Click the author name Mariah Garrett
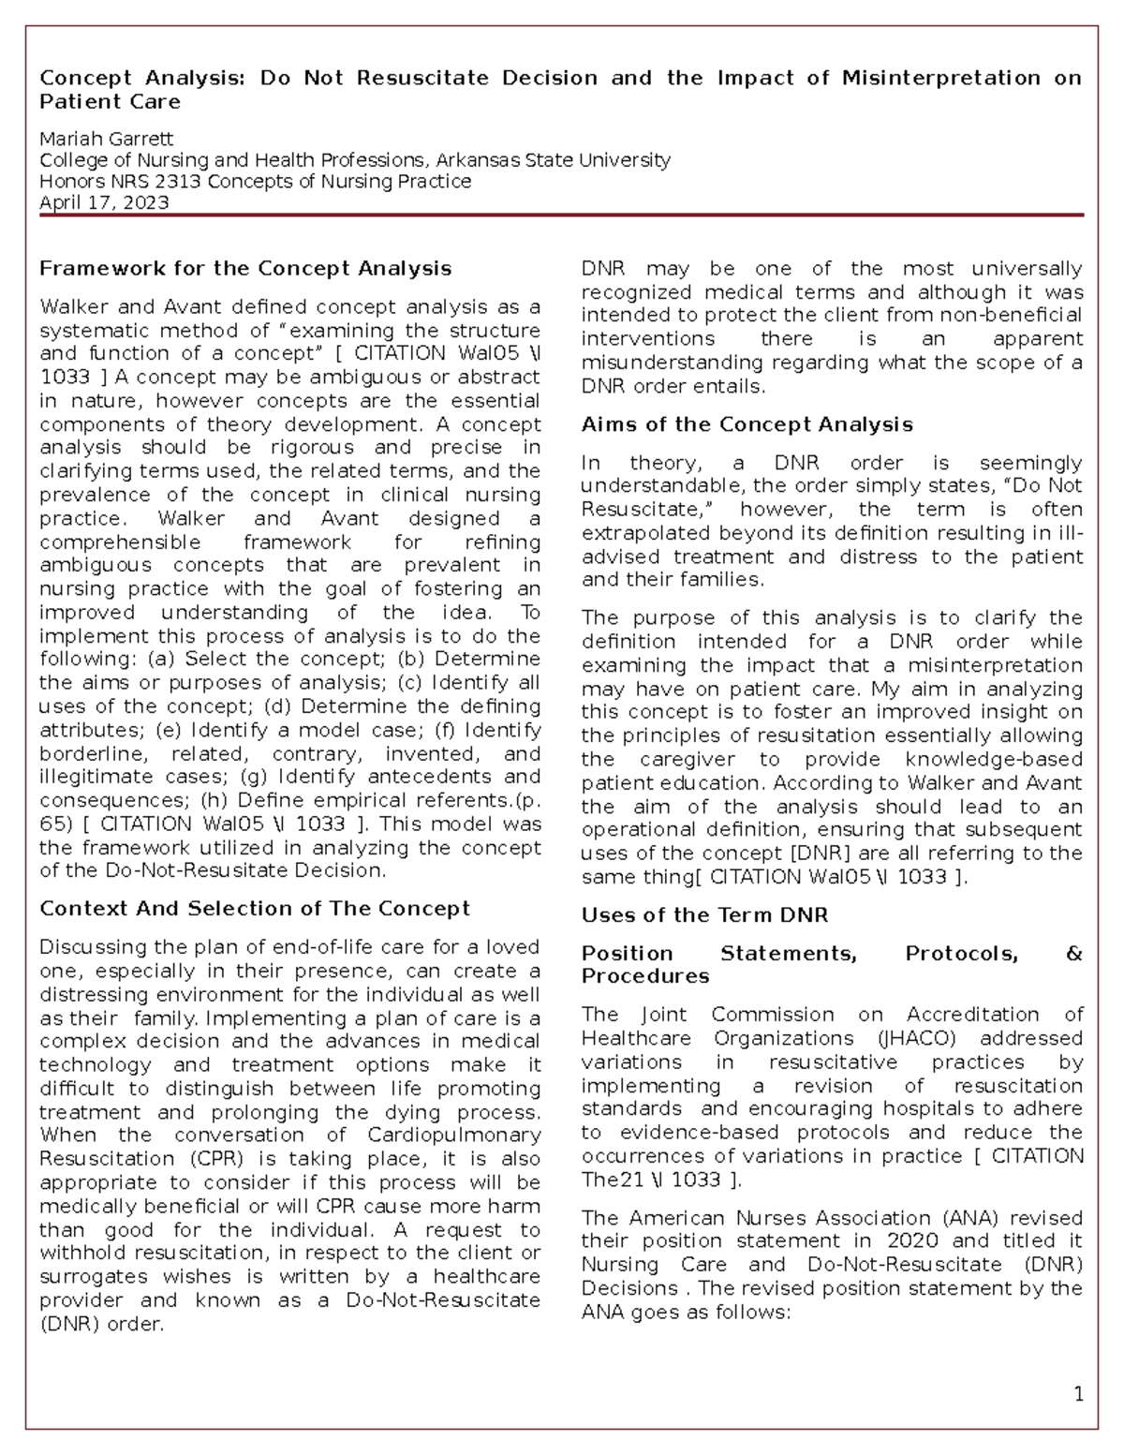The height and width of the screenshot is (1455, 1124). pos(106,139)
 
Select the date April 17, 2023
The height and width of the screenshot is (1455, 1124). pos(104,202)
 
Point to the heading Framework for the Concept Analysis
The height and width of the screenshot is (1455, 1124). pos(245,268)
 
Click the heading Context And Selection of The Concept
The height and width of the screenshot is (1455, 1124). pos(255,908)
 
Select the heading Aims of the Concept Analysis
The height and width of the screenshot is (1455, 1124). pos(747,424)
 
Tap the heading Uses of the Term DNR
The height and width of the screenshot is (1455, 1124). pos(704,914)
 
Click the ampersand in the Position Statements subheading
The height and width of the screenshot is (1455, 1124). pos(1073,953)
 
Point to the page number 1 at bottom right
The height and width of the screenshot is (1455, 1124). pos(1078,1395)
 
